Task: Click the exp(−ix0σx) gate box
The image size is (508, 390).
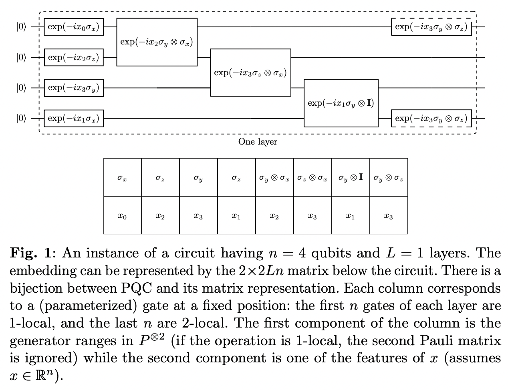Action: [x=73, y=27]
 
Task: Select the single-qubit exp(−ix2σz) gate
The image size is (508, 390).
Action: [x=73, y=57]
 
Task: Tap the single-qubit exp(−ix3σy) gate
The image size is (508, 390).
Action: [x=73, y=88]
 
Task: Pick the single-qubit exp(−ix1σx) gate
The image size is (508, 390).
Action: [x=73, y=118]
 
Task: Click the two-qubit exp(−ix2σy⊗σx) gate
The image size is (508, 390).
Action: [x=157, y=42]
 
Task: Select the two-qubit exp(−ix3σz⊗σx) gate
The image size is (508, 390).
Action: [x=250, y=72]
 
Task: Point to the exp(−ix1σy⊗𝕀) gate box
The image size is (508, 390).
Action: [x=341, y=103]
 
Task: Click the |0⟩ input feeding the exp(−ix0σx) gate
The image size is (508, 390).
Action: [x=21, y=27]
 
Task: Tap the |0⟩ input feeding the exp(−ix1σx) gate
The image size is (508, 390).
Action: [x=21, y=118]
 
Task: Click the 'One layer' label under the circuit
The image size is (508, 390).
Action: [x=258, y=142]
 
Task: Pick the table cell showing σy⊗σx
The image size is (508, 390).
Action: [x=274, y=177]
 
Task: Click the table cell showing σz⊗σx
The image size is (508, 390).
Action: [x=312, y=177]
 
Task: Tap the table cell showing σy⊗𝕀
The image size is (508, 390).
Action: [x=351, y=177]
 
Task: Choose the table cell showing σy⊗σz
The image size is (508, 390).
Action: [x=389, y=177]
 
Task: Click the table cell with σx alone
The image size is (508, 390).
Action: [x=122, y=177]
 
